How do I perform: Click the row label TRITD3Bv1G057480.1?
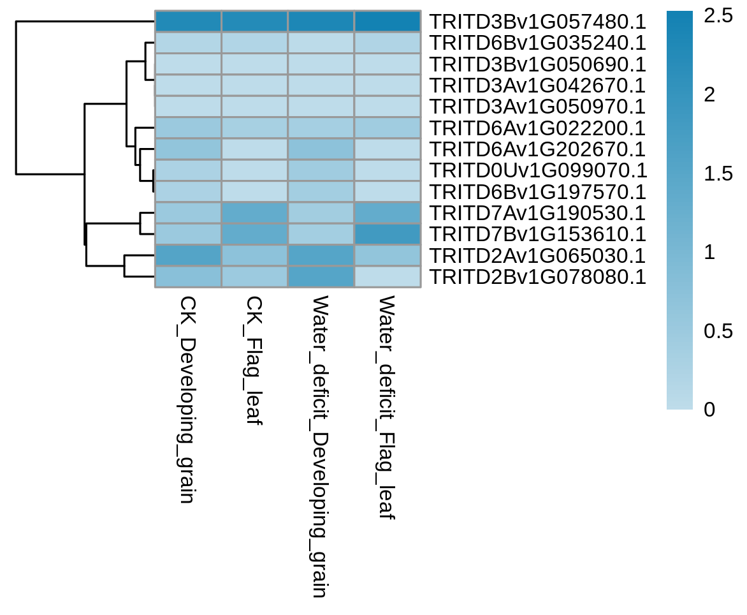click(538, 22)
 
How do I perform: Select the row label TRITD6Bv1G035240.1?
click(538, 43)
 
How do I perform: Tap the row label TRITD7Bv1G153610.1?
click(538, 234)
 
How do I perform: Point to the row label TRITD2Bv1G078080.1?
click(538, 277)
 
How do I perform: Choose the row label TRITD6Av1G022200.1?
click(538, 128)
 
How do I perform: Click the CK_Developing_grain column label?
click(187, 399)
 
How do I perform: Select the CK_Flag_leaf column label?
click(254, 360)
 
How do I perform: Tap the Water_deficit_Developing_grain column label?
click(321, 446)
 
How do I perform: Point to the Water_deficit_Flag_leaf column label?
click(387, 406)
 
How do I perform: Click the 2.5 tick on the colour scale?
click(718, 16)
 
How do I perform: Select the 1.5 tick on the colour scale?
click(718, 174)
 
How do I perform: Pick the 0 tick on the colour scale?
click(710, 410)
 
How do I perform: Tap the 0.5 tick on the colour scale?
click(718, 331)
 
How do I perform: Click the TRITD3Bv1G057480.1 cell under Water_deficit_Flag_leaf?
click(388, 22)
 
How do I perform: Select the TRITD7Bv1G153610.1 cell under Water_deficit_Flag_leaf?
click(388, 234)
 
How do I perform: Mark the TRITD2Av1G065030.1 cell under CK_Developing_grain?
click(188, 255)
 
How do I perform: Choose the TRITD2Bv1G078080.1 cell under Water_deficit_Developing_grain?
click(321, 276)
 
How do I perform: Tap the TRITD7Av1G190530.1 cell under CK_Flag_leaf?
click(254, 212)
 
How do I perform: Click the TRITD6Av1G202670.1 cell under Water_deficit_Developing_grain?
click(321, 149)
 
